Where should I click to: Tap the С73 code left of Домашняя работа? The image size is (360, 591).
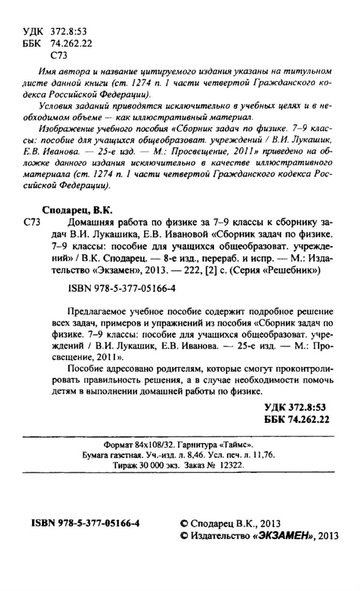tap(31, 222)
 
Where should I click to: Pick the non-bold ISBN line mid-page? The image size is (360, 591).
tap(120, 289)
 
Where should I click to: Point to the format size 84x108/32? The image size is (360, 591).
tap(153, 445)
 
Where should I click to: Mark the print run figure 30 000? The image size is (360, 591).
tap(142, 465)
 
